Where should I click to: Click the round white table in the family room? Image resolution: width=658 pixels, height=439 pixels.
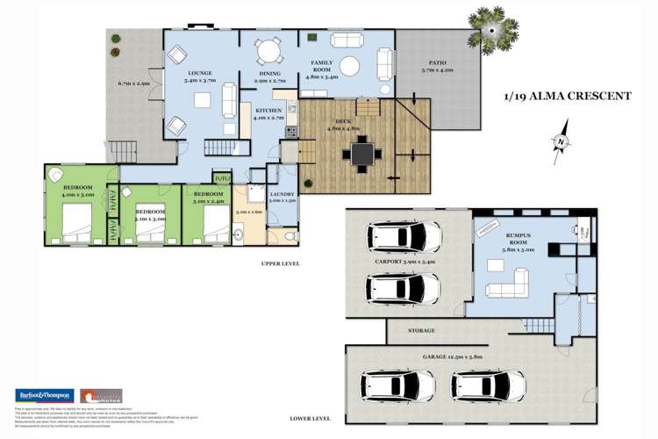(350, 66)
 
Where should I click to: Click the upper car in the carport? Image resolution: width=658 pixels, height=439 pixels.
(404, 235)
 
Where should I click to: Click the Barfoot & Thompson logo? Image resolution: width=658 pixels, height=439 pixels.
(43, 395)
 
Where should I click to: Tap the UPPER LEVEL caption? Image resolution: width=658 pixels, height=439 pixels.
(281, 263)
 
